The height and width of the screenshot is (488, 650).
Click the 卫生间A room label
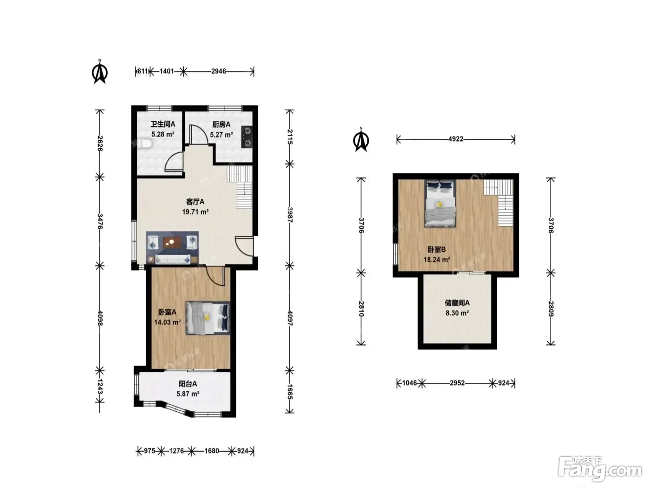(162, 124)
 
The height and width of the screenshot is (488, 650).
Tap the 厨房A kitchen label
(221, 125)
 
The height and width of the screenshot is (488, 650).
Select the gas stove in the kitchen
(247, 137)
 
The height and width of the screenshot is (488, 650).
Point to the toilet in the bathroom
(145, 144)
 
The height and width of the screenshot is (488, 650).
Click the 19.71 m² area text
(195, 212)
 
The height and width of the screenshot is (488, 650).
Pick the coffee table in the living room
(172, 243)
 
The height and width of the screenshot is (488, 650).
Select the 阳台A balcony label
(188, 384)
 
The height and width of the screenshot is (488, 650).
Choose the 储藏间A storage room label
(457, 303)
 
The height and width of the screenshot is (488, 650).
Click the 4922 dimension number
(455, 139)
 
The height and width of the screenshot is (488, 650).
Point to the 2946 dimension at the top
(219, 71)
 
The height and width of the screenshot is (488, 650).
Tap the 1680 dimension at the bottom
(212, 451)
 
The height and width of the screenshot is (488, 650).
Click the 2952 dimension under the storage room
(457, 383)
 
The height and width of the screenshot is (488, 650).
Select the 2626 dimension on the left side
(100, 144)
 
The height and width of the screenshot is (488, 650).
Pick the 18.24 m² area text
(437, 259)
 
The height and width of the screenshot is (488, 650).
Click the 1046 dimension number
(409, 383)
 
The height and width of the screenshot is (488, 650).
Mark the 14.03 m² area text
(167, 322)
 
